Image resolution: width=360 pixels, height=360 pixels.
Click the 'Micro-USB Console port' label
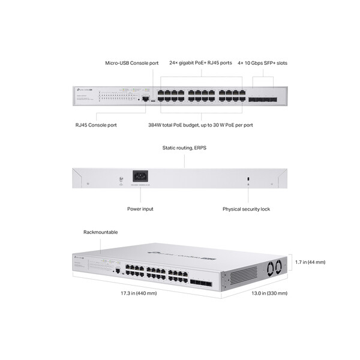tap(132, 62)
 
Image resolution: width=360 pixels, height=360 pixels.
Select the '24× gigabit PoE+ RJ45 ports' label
tap(200, 62)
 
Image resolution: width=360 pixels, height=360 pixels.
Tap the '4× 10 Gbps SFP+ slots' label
tap(262, 62)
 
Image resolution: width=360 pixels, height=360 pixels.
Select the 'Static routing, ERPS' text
tap(184, 148)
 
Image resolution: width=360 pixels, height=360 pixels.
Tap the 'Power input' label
tap(140, 209)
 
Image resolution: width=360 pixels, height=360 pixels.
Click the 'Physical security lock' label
tap(246, 209)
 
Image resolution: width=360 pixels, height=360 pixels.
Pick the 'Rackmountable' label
tap(100, 232)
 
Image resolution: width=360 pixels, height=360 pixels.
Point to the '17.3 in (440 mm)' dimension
tap(139, 293)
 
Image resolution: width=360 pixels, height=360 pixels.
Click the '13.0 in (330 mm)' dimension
tap(269, 293)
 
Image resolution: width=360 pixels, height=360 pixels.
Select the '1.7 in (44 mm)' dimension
tap(310, 262)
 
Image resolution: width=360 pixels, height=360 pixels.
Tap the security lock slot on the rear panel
tap(248, 178)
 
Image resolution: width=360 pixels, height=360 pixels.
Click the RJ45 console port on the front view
tap(146, 97)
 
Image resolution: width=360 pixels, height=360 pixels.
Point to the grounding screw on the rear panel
tap(122, 178)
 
